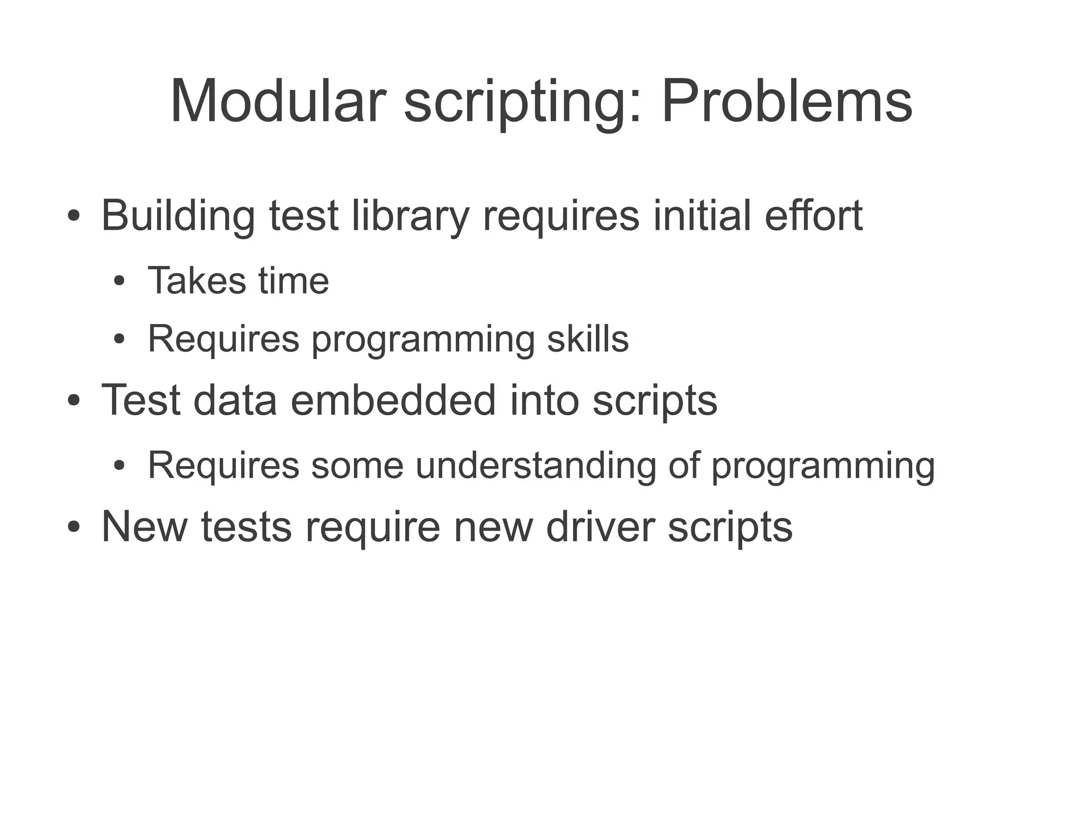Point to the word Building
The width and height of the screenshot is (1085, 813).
pos(177,217)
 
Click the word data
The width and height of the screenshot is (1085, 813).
pos(235,400)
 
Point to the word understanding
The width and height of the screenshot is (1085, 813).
pos(535,466)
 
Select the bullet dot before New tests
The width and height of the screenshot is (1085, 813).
pos(74,528)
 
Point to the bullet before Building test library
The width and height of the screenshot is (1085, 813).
pos(74,217)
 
